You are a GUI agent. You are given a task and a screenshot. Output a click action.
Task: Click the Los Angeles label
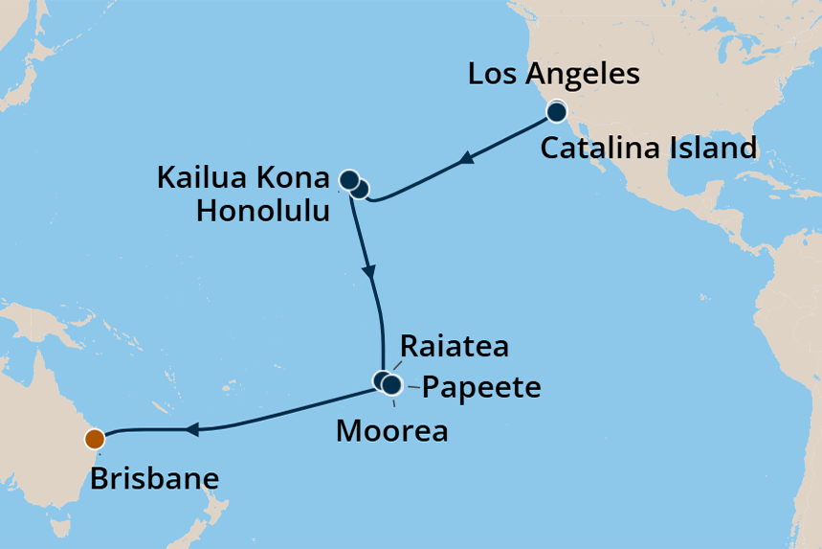coord(553,75)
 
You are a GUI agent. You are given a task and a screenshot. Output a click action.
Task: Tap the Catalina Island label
coord(649,149)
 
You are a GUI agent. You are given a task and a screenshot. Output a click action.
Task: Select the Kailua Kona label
coord(242,178)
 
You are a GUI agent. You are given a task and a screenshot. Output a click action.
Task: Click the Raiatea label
coord(454,346)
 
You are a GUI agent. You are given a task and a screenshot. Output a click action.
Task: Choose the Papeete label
coord(481,388)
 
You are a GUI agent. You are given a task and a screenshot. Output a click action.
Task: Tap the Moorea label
coord(391,431)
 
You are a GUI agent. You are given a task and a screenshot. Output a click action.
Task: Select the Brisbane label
coord(154,478)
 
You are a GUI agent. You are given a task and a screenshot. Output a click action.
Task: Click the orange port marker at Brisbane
coord(94,440)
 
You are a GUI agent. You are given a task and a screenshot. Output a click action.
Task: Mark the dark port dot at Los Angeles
coord(557,113)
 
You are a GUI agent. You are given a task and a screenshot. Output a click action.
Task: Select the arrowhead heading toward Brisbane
coord(192,430)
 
